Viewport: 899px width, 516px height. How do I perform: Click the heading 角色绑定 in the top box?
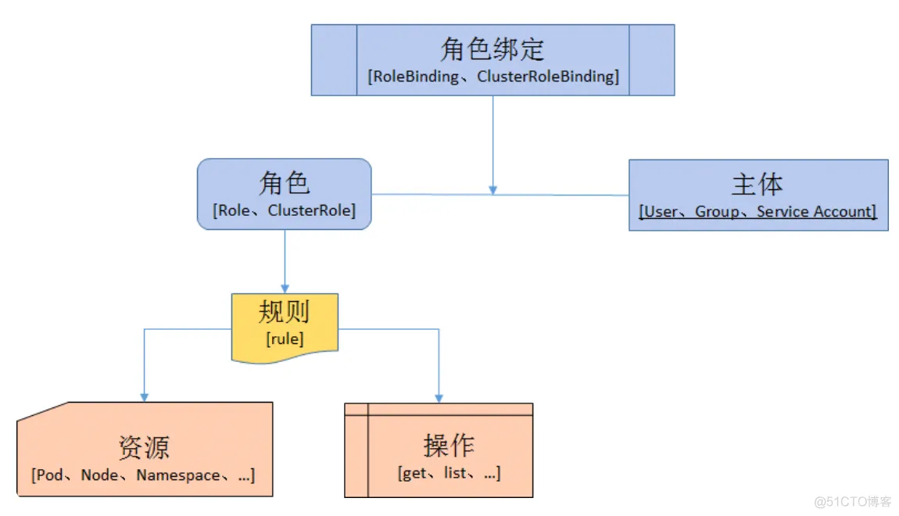tap(492, 49)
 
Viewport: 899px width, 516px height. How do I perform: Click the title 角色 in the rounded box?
tap(284, 183)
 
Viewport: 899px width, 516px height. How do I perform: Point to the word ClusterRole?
tap(310, 210)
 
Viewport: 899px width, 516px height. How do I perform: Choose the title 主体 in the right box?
tap(757, 185)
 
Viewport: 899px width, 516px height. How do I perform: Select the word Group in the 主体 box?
tap(716, 211)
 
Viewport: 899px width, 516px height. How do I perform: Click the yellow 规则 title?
tap(285, 312)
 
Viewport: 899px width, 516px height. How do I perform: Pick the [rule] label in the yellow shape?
tap(285, 339)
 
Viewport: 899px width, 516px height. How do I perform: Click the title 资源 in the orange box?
tap(144, 447)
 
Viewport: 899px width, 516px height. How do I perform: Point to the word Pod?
tap(50, 475)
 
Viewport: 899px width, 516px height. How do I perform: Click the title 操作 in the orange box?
tap(449, 446)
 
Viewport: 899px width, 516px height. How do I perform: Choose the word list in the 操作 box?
tap(454, 473)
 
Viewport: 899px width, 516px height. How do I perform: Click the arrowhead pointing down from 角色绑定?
tap(492, 189)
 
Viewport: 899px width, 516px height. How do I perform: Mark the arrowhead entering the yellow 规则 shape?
tap(285, 288)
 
